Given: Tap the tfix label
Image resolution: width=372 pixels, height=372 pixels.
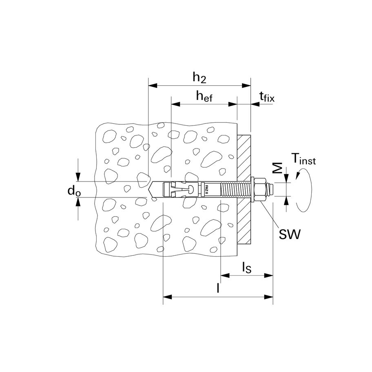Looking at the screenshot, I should point(267,97).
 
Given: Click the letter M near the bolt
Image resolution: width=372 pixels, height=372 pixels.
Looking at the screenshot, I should point(277,168).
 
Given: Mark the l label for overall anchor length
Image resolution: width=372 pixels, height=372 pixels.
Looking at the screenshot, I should point(218,288).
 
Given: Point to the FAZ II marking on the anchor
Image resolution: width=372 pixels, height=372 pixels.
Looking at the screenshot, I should point(207,190).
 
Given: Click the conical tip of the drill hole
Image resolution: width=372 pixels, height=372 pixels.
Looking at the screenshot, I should point(151,190).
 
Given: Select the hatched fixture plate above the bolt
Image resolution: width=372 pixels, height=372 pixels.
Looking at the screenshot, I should point(244,155).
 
